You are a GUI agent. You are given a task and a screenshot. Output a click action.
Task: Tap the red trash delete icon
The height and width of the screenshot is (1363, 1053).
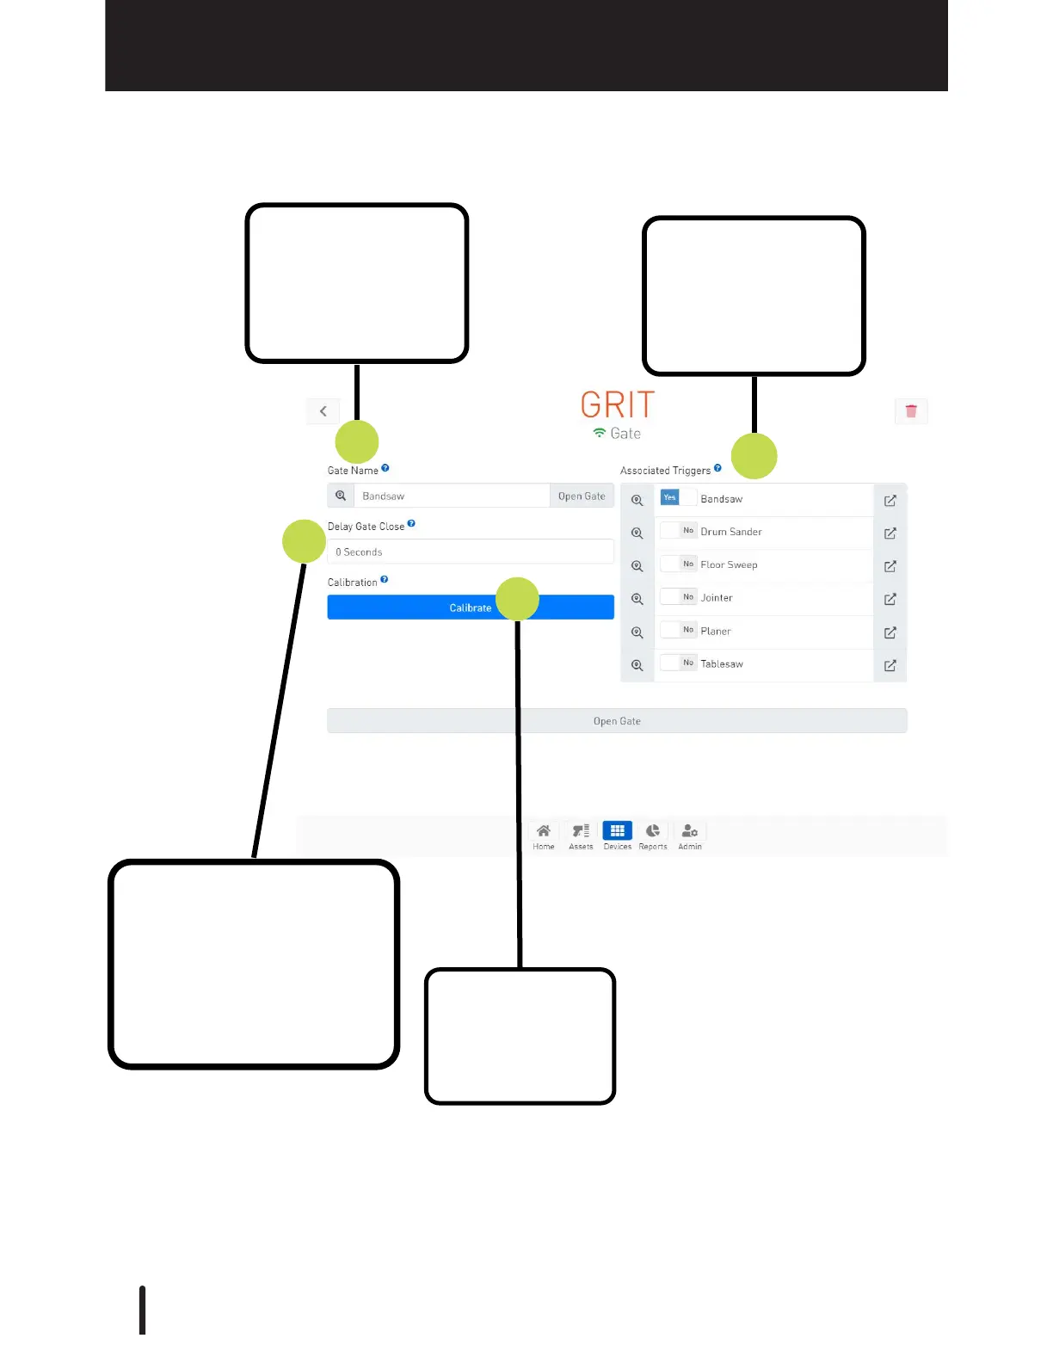[x=911, y=411]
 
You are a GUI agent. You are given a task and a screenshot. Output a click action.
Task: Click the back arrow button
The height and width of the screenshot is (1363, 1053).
[x=323, y=411]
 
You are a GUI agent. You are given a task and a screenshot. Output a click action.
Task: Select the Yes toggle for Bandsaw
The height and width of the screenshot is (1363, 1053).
[x=670, y=497]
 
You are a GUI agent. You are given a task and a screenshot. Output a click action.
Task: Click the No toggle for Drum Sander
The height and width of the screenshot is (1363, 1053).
[x=687, y=531]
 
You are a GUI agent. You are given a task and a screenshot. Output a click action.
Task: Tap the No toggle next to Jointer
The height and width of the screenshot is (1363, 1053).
[x=687, y=597]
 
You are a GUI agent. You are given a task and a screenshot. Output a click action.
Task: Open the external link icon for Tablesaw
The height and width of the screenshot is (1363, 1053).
[x=890, y=665]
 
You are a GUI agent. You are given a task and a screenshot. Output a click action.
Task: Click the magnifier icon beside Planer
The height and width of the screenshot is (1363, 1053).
[x=637, y=632]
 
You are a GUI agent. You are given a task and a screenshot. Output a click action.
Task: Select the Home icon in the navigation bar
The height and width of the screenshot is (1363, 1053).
[x=544, y=831]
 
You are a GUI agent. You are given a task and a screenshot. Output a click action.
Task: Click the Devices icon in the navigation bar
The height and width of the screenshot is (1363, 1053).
[x=617, y=831]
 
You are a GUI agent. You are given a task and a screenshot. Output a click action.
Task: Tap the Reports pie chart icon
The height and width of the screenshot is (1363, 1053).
[x=653, y=831]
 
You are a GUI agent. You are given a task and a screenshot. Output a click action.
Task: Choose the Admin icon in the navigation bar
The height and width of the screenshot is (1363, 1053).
[x=690, y=831]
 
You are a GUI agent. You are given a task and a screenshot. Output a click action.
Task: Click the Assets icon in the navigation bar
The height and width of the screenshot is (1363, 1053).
[x=581, y=831]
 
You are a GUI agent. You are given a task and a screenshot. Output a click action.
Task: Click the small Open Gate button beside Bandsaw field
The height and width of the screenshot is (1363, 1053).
[x=582, y=496]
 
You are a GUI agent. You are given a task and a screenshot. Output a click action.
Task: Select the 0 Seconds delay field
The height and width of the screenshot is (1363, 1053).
[x=470, y=552]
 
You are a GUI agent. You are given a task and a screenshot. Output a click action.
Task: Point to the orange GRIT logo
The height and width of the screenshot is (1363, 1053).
[x=618, y=404]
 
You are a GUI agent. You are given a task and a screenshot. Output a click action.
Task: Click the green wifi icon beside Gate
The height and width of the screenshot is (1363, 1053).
[x=600, y=433]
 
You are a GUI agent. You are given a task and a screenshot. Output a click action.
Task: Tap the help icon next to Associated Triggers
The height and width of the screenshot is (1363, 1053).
[x=717, y=468]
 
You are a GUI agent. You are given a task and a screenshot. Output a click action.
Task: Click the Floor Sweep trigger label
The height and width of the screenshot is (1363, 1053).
[x=729, y=565]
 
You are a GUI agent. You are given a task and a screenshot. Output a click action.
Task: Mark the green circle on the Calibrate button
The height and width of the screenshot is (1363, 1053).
[x=517, y=599]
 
